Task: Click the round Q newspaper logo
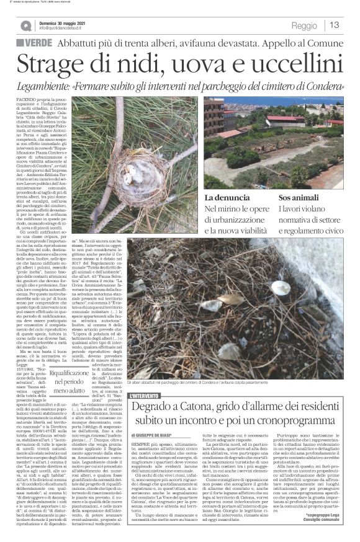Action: coord(26,25)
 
